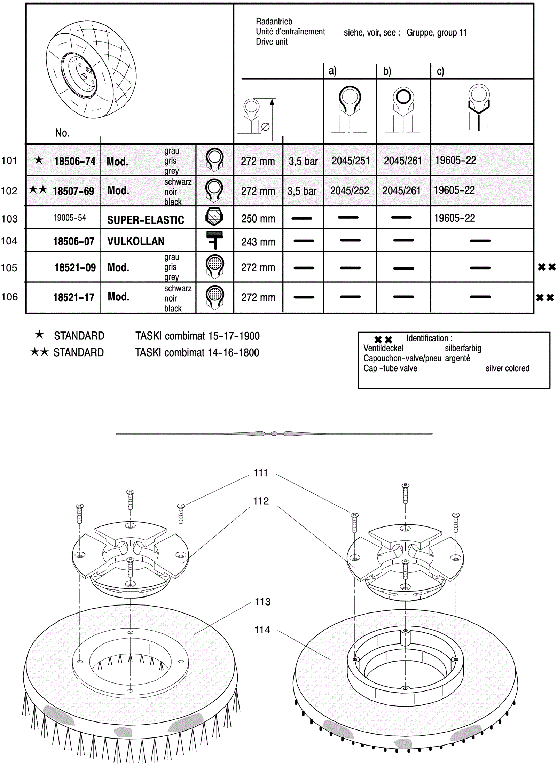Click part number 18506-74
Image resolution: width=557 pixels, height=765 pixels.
74,161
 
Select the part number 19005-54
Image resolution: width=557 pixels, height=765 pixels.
69,218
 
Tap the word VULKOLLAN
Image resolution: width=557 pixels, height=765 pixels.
135,241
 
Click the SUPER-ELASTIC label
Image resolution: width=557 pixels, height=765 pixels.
146,220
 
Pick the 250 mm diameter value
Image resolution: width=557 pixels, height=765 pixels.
258,219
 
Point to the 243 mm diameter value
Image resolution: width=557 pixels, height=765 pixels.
258,242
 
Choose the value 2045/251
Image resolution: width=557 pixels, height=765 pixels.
350,161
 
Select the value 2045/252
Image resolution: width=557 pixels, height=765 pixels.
350,191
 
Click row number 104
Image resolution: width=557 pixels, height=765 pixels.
9,241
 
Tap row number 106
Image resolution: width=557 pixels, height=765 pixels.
9,297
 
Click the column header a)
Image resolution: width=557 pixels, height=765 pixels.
332,71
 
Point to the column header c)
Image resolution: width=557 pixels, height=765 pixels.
440,71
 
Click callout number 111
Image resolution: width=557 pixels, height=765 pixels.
261,473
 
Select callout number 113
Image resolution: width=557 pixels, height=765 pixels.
262,602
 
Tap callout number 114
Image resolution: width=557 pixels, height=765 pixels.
262,630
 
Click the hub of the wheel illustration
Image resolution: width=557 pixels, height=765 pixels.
84,76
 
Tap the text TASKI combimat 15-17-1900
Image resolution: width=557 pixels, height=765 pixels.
197,336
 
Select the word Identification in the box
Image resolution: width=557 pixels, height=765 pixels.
427,338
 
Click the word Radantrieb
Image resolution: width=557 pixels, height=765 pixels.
274,22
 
